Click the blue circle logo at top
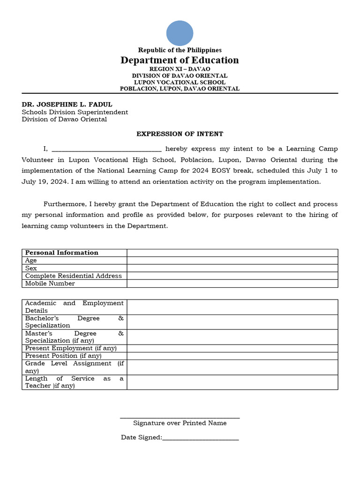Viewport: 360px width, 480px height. (180, 33)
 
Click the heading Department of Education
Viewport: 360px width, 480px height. (180, 60)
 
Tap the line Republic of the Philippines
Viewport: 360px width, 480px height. (180, 50)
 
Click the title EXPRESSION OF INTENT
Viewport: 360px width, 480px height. (180, 134)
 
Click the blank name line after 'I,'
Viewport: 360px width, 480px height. (106, 149)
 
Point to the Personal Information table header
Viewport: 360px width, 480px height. (61, 253)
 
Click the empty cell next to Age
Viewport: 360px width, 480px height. (232, 261)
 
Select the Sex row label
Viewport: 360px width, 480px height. (31, 268)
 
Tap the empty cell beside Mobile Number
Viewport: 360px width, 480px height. (232, 284)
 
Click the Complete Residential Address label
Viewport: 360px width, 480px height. (73, 276)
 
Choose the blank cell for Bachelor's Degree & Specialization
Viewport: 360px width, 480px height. (232, 322)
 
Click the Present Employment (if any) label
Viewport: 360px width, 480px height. (71, 348)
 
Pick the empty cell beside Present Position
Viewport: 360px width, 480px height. (232, 356)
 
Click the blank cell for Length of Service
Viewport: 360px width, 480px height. (232, 382)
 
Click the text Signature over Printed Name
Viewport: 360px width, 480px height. (180, 423)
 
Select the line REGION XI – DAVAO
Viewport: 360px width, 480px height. (180, 69)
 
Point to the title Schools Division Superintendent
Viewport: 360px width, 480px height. (75, 112)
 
